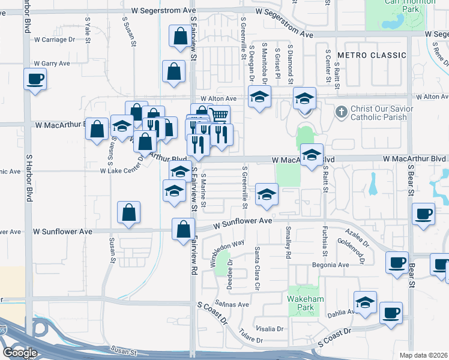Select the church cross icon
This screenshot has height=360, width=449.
click(x=341, y=111)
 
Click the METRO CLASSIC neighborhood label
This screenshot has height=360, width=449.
click(x=372, y=55)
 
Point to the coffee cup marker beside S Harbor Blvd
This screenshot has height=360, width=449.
click(x=35, y=79)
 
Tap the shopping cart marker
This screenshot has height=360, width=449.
click(x=220, y=115)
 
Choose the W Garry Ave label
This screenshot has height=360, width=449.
click(x=52, y=63)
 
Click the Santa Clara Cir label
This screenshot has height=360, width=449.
click(x=258, y=262)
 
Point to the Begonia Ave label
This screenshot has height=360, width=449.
click(x=330, y=265)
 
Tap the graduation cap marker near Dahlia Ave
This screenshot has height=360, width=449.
click(x=365, y=303)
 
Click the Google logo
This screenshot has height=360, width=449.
click(x=20, y=353)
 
